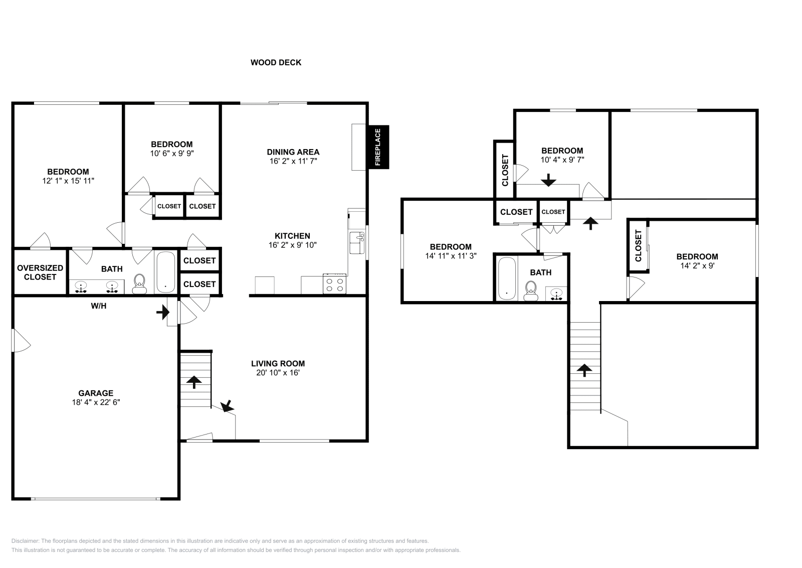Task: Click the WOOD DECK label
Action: [276, 63]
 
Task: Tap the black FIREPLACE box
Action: [378, 147]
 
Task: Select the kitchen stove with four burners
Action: [335, 285]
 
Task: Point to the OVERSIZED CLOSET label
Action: [40, 272]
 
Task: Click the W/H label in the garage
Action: [99, 306]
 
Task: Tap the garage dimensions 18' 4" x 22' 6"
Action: [96, 402]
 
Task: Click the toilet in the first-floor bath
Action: [139, 284]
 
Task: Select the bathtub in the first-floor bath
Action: [165, 272]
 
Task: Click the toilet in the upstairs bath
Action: [530, 291]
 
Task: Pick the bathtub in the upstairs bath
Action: [507, 279]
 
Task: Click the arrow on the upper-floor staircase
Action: [584, 370]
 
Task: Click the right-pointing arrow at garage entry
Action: [162, 313]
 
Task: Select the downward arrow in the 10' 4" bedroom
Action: [549, 180]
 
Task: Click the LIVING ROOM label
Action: [278, 363]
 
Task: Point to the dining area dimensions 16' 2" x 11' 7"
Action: [293, 161]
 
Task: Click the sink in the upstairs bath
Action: [556, 295]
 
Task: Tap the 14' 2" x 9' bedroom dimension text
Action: [697, 266]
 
